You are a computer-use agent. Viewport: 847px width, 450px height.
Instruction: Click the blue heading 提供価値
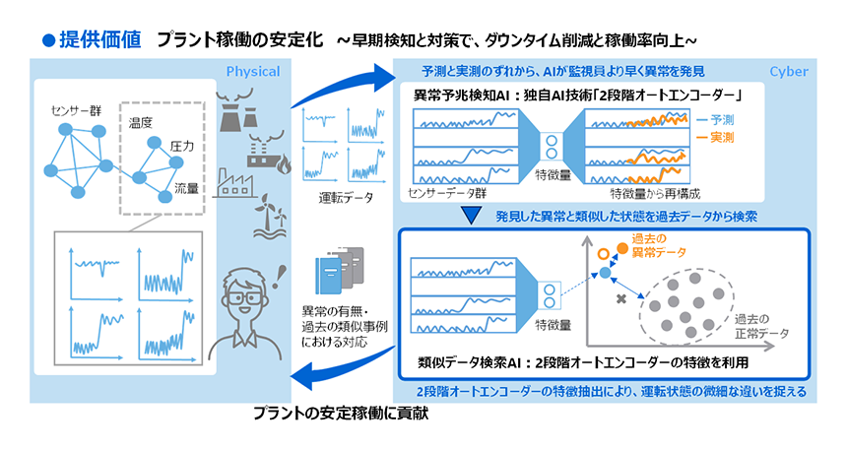[x=99, y=39]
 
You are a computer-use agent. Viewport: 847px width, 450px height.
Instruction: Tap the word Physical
[x=253, y=71]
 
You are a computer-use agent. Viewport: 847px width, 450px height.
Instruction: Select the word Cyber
[x=789, y=71]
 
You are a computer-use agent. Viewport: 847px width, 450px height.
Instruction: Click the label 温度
[x=141, y=123]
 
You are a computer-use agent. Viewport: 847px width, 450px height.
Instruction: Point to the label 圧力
[x=181, y=146]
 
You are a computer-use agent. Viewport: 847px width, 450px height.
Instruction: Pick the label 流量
[x=186, y=188]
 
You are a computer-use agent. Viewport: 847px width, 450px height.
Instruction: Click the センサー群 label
[x=76, y=111]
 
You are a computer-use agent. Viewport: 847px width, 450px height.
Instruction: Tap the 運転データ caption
[x=346, y=198]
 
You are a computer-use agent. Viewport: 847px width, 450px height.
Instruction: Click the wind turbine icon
[x=270, y=216]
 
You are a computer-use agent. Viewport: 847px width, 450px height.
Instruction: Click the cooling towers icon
[x=236, y=110]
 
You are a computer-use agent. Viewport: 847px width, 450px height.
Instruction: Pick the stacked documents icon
[x=339, y=270]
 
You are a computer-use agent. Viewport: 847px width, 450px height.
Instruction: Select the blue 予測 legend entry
[x=715, y=120]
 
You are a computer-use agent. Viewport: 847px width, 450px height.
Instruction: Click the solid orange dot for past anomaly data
[x=622, y=248]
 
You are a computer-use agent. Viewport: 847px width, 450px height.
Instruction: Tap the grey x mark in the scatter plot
[x=621, y=298]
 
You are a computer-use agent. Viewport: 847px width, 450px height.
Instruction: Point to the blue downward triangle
[x=472, y=216]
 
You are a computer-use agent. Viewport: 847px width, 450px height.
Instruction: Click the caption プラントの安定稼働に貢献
[x=341, y=414]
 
